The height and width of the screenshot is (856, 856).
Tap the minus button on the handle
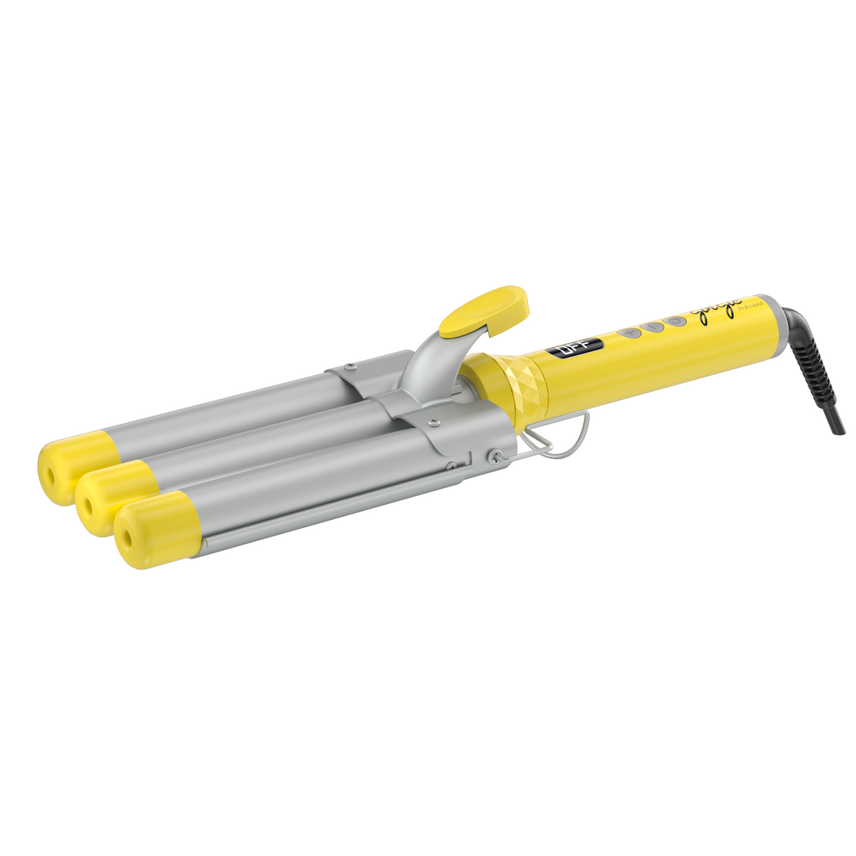(x=652, y=327)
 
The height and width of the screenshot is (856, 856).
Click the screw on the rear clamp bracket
(x=353, y=366)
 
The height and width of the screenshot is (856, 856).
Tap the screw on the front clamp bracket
(x=434, y=423)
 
